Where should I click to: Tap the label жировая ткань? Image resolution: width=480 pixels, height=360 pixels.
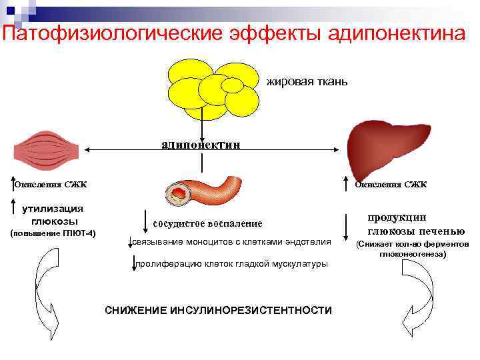307,82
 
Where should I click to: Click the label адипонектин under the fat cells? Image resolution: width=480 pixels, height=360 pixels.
201,143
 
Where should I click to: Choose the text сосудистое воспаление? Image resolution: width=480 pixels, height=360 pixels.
207,223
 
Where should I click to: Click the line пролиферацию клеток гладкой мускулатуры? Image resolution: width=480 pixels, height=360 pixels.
231,264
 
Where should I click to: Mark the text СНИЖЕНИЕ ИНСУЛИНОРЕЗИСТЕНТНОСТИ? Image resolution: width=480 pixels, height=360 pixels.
219,311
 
